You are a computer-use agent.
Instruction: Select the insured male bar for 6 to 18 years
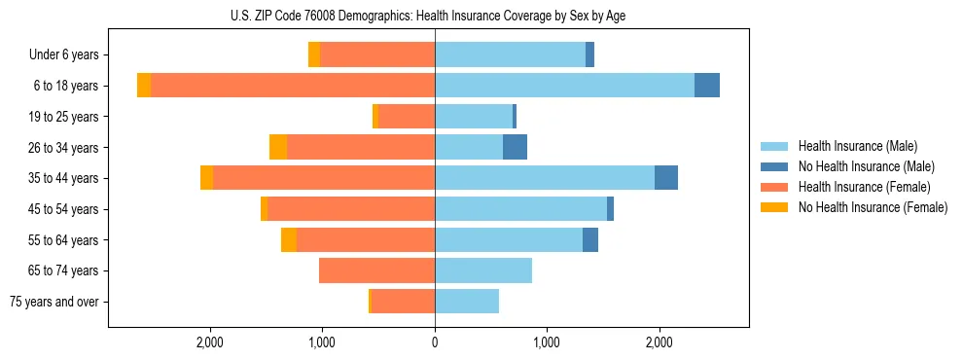(x=564, y=86)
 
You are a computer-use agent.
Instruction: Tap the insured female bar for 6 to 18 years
(x=292, y=86)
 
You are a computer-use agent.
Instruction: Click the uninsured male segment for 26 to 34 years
(x=515, y=147)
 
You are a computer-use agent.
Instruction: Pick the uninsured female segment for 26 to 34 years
(x=278, y=147)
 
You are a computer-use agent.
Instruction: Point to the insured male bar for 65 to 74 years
(x=483, y=270)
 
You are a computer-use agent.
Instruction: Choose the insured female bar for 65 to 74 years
(x=376, y=270)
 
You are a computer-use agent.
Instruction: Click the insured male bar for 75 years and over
(x=467, y=302)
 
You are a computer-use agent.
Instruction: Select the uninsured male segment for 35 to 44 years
(x=666, y=178)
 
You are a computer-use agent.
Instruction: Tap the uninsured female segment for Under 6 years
(x=314, y=54)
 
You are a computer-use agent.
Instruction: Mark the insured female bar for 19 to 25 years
(x=407, y=117)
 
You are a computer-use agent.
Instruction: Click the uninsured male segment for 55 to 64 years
(x=590, y=239)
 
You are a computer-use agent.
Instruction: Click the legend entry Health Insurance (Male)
(x=857, y=146)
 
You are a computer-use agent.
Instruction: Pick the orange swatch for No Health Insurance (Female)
(x=774, y=207)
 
